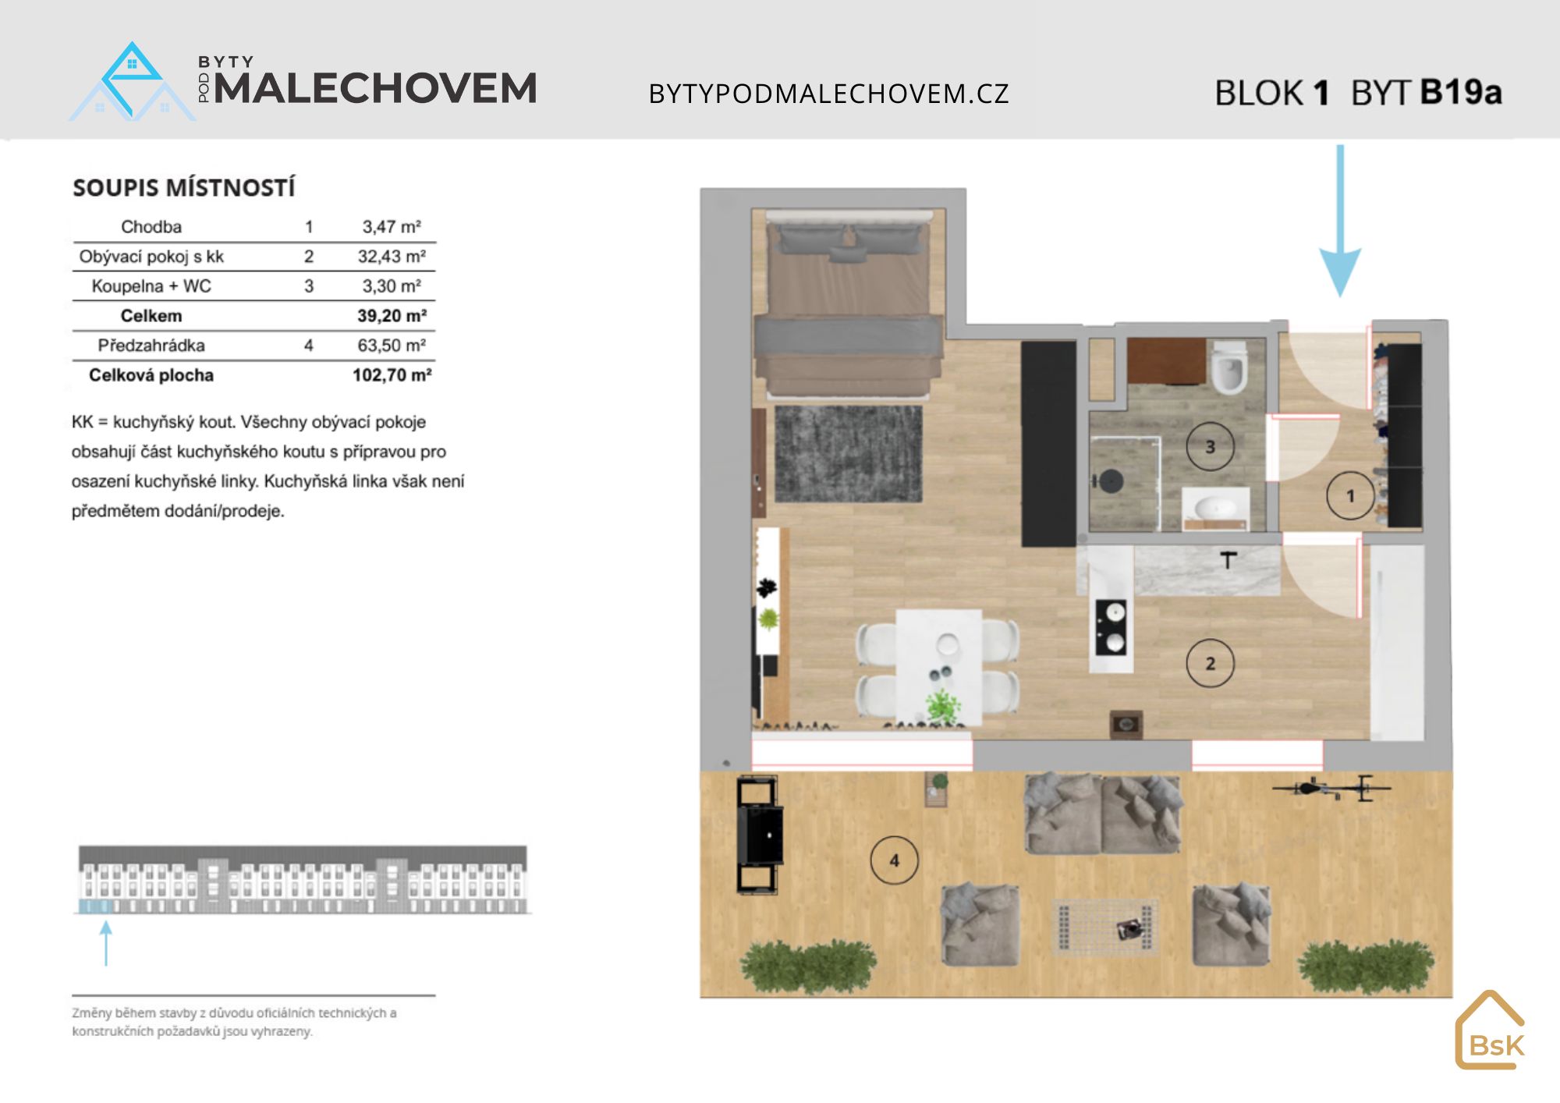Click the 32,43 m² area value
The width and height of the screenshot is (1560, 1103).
pyautogui.click(x=392, y=257)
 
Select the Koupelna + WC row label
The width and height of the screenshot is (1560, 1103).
pyautogui.click(x=151, y=286)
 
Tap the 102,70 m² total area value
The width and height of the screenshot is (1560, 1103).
pyautogui.click(x=392, y=375)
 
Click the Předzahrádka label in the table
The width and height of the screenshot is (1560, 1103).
pyautogui.click(x=151, y=346)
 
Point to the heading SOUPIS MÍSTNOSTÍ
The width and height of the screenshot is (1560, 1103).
pyautogui.click(x=184, y=188)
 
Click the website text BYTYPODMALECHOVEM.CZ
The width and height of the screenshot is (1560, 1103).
pyautogui.click(x=829, y=94)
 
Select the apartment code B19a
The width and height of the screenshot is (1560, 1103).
pyautogui.click(x=1460, y=92)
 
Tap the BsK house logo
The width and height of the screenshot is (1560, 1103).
pyautogui.click(x=1490, y=1030)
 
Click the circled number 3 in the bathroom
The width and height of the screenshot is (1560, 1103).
pyautogui.click(x=1210, y=447)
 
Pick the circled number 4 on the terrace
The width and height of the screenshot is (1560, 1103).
pyautogui.click(x=894, y=860)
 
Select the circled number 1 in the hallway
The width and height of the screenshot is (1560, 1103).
pyautogui.click(x=1350, y=495)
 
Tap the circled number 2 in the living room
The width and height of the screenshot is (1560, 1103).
pyautogui.click(x=1210, y=663)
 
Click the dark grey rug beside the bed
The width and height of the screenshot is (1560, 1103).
pyautogui.click(x=849, y=454)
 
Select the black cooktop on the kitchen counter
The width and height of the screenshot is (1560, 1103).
pyautogui.click(x=1111, y=627)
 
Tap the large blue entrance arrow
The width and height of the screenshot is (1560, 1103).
pyautogui.click(x=1340, y=221)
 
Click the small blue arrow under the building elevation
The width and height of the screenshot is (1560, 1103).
pyautogui.click(x=106, y=943)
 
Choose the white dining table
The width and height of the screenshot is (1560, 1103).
pyautogui.click(x=938, y=667)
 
